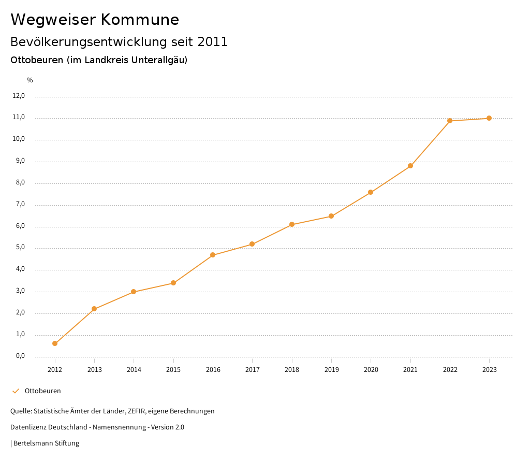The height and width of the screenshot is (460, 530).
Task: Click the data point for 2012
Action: (x=55, y=343)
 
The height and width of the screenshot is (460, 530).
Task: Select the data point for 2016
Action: (x=213, y=255)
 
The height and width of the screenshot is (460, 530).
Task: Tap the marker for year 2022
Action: (x=450, y=121)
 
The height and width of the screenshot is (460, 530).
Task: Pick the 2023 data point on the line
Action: (x=489, y=118)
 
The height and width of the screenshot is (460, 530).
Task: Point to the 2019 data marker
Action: (x=331, y=216)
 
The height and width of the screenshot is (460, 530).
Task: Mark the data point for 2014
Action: (x=134, y=292)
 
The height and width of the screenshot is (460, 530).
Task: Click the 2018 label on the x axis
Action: (x=292, y=370)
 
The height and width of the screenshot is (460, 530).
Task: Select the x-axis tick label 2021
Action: (x=410, y=370)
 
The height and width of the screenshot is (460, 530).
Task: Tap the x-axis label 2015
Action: (x=173, y=370)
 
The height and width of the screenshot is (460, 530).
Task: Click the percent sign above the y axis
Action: (x=30, y=80)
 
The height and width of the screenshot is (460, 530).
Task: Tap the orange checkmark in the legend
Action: (x=16, y=391)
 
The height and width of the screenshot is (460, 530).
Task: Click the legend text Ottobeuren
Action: (x=42, y=391)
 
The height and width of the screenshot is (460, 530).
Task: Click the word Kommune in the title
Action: (x=140, y=20)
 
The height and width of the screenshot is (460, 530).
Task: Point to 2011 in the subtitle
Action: (x=213, y=42)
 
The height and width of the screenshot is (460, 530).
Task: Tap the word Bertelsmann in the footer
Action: (x=33, y=443)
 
